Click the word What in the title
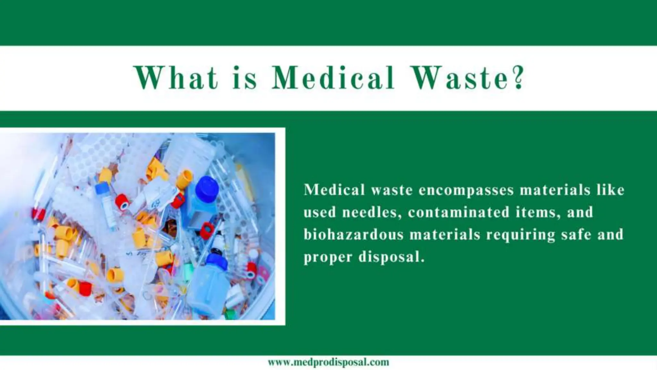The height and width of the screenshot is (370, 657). (176, 78)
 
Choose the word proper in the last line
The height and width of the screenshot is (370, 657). (328, 258)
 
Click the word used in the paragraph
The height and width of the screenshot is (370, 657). (319, 212)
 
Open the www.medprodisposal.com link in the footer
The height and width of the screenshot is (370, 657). (328, 362)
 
